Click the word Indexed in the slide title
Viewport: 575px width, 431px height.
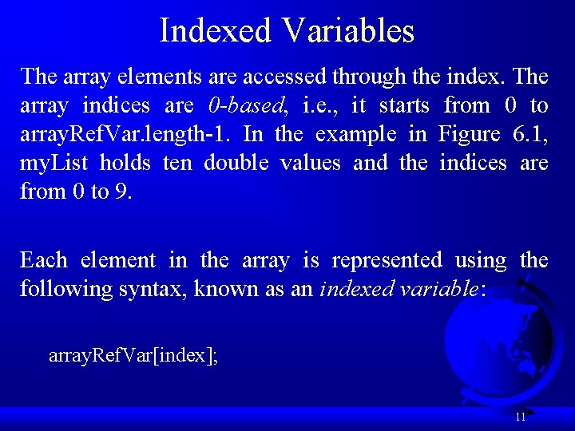(x=215, y=31)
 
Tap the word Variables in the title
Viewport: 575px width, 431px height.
(x=347, y=31)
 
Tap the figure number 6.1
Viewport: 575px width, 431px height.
(x=529, y=134)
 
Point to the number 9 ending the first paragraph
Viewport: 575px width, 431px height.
(x=122, y=192)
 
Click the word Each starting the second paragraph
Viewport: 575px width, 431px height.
(x=43, y=260)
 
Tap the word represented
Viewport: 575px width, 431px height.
(x=387, y=260)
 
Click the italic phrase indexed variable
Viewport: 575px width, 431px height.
(x=399, y=289)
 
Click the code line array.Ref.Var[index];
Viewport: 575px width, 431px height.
(x=133, y=355)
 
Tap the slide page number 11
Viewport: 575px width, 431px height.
(x=520, y=417)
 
